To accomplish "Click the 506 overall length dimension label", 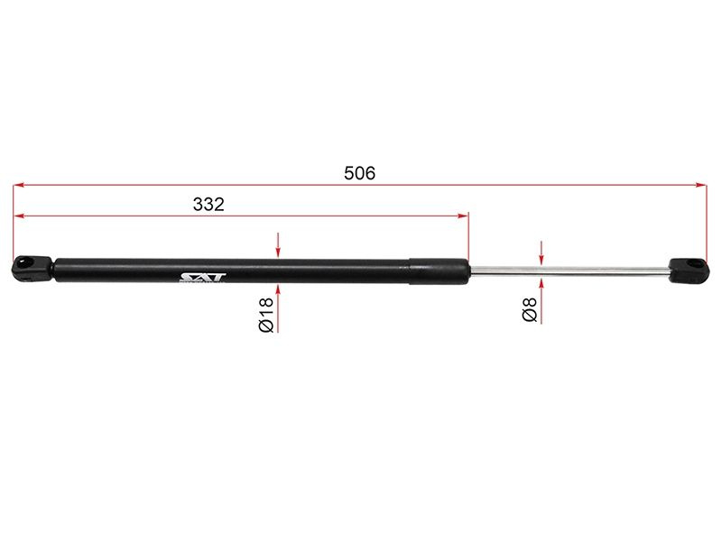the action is [x=359, y=173].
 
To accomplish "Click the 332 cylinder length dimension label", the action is [x=208, y=205].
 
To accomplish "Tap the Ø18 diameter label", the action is [x=266, y=315].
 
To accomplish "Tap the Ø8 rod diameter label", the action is [x=530, y=309].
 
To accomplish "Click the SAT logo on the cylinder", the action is [x=202, y=278].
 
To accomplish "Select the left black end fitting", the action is [x=32, y=268].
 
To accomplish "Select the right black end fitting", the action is [x=689, y=271].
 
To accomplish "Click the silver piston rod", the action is [x=569, y=272].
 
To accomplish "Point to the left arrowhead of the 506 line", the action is [x=18, y=185].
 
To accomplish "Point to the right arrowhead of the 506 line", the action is [x=701, y=185].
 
